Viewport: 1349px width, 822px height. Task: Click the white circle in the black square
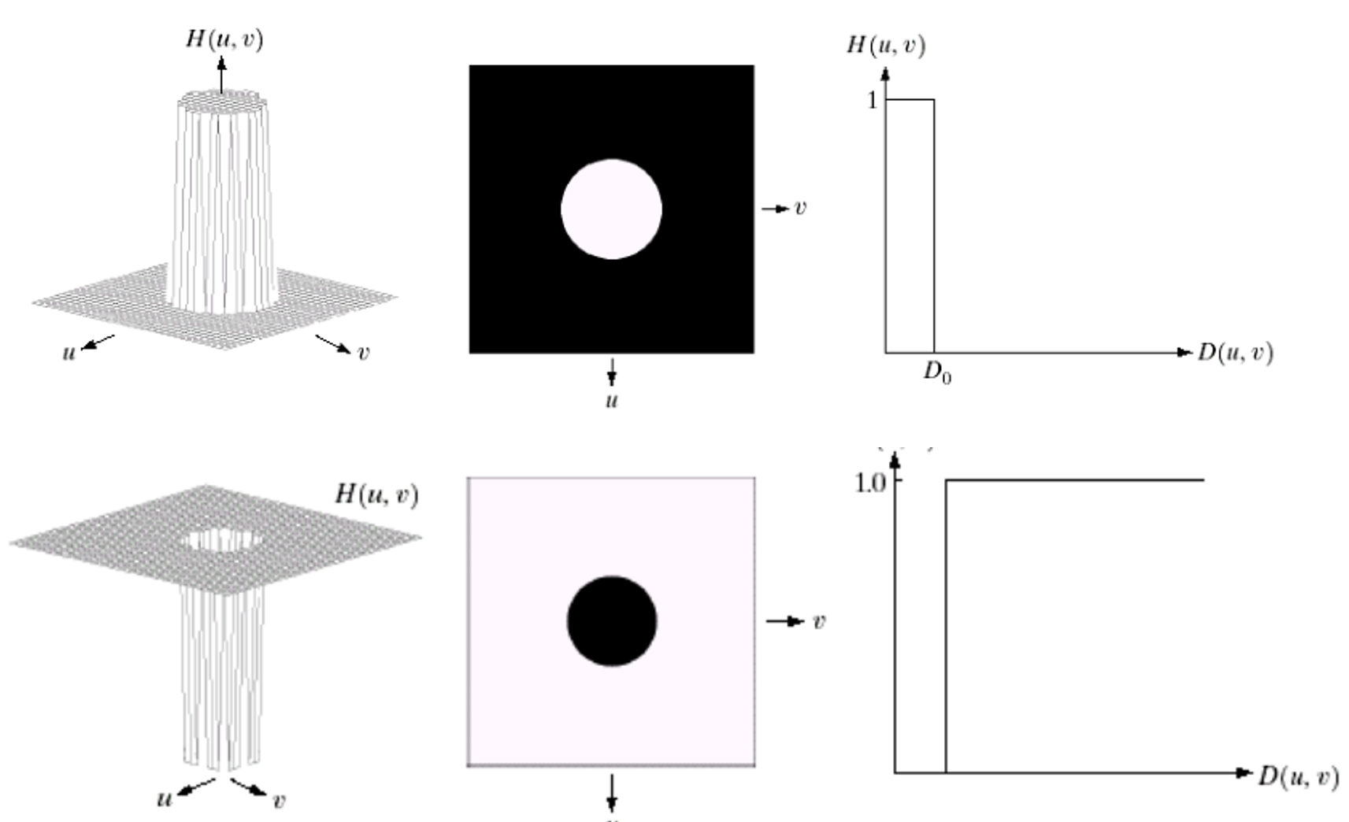(x=611, y=209)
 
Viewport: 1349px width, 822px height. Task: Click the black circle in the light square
(x=612, y=620)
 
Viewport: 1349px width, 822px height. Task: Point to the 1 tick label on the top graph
(x=872, y=101)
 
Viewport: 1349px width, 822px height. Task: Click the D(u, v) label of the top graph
(x=1235, y=352)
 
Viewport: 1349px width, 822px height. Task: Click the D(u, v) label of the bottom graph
(x=1298, y=776)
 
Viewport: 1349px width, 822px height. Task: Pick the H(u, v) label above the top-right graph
(x=886, y=44)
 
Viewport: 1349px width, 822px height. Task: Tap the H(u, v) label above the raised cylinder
(x=224, y=39)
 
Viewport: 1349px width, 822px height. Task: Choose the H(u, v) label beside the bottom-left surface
(x=376, y=494)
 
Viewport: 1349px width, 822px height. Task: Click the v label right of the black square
(x=800, y=208)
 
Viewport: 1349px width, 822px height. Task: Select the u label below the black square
(x=612, y=401)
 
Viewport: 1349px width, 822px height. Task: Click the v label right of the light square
(x=819, y=621)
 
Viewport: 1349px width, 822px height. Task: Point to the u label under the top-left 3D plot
(x=69, y=353)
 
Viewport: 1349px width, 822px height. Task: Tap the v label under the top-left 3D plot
(x=362, y=353)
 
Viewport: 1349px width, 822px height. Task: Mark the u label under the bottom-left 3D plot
(x=164, y=799)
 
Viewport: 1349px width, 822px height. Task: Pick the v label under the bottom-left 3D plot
(x=279, y=802)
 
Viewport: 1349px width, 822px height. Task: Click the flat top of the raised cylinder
(x=224, y=98)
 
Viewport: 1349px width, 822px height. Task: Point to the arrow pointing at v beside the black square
(x=775, y=209)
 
